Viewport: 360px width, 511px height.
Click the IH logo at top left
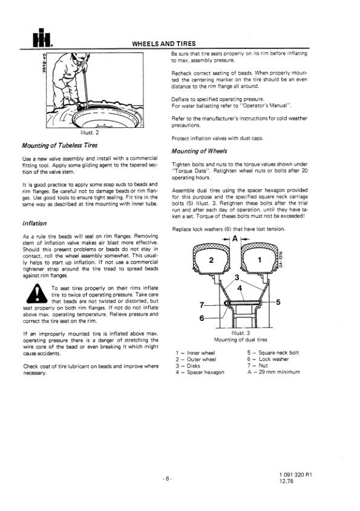[x=42, y=38]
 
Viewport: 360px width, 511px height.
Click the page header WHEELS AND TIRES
[x=164, y=44]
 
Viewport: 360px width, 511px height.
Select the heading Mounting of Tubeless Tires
[x=60, y=145]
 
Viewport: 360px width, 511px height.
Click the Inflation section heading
[x=34, y=223]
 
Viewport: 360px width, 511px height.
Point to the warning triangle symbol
[x=37, y=294]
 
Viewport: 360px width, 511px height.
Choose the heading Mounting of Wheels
[x=200, y=151]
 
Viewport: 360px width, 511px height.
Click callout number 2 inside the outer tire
[x=211, y=260]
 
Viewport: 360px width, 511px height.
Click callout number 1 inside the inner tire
[x=260, y=260]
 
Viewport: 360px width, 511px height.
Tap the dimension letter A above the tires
[x=235, y=239]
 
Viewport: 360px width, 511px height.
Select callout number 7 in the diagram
[x=202, y=305]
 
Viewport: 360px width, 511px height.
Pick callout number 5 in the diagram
[x=278, y=303]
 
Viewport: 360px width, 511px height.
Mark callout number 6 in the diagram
[x=201, y=318]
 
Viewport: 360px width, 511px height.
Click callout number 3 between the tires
[x=237, y=278]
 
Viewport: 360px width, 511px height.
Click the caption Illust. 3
[x=240, y=333]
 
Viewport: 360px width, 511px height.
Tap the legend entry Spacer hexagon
[x=206, y=372]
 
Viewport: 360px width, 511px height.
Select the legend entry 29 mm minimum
[x=279, y=372]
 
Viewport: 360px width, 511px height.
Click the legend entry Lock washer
[x=274, y=359]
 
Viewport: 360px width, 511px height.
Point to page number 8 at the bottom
[x=167, y=479]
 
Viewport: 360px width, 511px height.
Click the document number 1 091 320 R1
[x=296, y=475]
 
